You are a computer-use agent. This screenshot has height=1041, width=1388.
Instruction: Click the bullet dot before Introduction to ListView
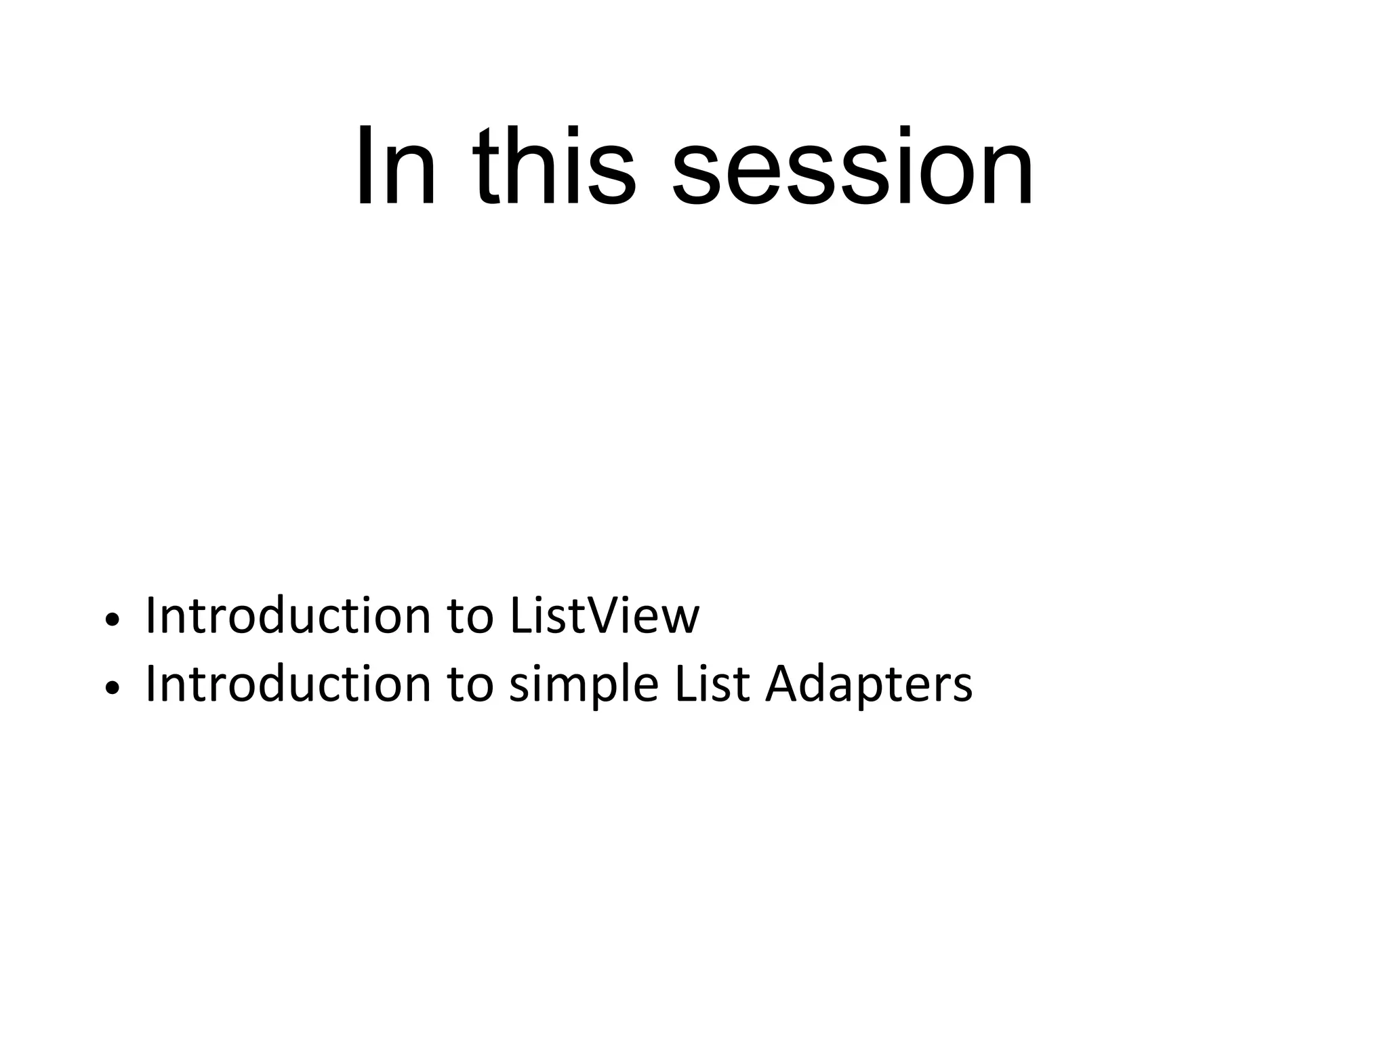[113, 619]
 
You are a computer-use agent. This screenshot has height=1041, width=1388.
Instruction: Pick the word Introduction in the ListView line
[288, 615]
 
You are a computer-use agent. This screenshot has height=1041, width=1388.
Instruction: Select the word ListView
[604, 615]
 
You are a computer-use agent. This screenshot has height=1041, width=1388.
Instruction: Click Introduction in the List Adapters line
[288, 684]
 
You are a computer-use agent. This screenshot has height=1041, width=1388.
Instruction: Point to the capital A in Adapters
[783, 683]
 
